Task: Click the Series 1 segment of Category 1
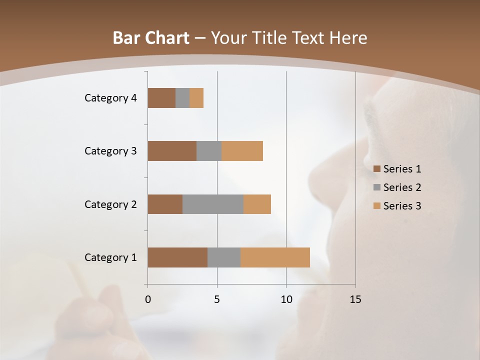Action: coord(177,257)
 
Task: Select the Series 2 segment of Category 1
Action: coord(224,257)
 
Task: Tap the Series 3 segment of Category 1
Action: coord(275,257)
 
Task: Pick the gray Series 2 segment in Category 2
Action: coord(213,204)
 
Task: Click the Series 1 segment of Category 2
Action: coord(165,204)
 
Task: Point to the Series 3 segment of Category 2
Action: coord(257,204)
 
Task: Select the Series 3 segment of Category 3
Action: coord(242,151)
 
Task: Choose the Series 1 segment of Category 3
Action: coord(172,151)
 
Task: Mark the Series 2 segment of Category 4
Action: coord(182,98)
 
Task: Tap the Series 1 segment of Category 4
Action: coord(161,98)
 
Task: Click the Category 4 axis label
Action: coord(110,98)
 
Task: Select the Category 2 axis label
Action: coord(110,204)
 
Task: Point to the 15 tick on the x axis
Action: coord(355,299)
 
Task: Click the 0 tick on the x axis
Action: coord(148,299)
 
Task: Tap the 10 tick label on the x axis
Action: coord(286,299)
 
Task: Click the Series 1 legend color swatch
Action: coord(376,169)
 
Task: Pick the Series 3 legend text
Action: coord(402,206)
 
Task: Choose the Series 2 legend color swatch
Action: coord(376,187)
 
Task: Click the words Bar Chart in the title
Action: coord(151,38)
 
